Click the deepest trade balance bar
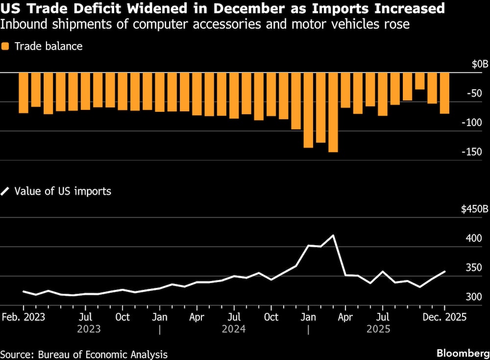(333, 112)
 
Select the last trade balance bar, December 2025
(444, 93)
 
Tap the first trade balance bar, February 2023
(24, 93)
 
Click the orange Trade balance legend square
(5, 47)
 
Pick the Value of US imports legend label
(63, 191)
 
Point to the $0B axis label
(480, 64)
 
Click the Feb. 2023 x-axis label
(24, 317)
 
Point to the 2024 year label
(234, 329)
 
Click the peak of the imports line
(333, 235)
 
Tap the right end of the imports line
(444, 271)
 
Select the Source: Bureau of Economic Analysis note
(84, 354)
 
